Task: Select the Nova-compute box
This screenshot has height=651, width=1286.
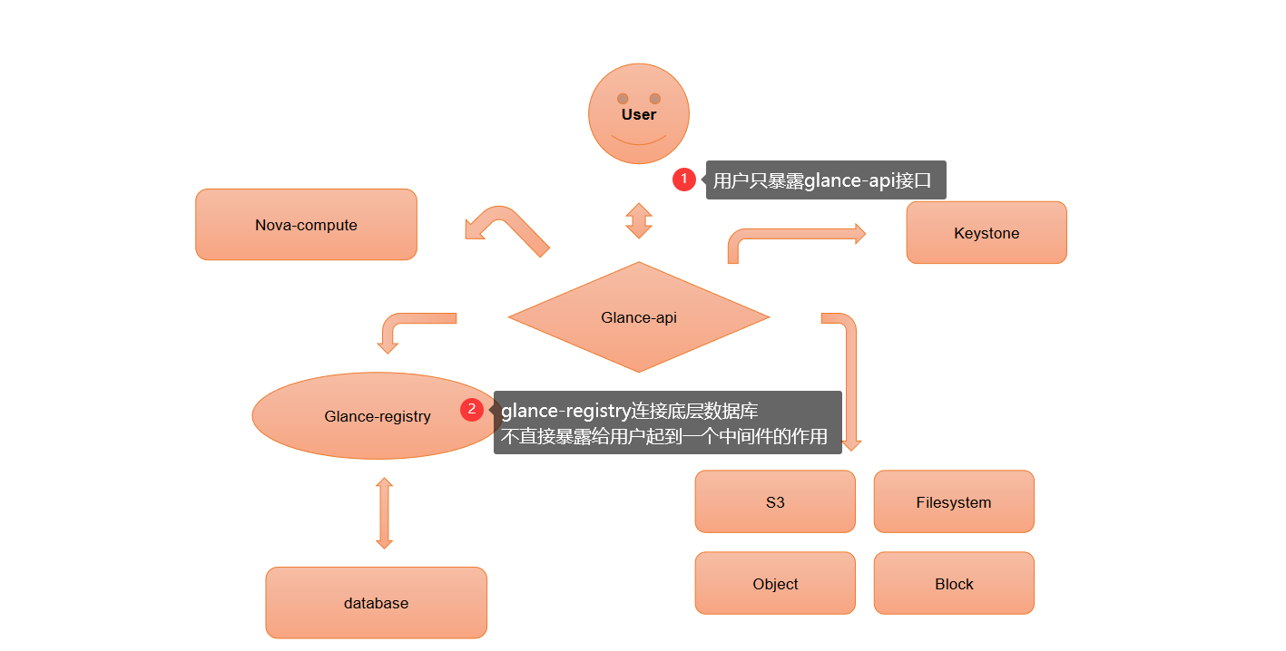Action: point(306,225)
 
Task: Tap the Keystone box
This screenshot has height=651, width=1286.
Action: point(987,233)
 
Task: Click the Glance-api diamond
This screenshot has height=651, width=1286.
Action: point(639,317)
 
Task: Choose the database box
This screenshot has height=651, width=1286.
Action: point(376,603)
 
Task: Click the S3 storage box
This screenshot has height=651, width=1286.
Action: point(775,501)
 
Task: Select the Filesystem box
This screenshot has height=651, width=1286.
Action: point(954,501)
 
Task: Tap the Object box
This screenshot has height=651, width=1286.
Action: point(775,583)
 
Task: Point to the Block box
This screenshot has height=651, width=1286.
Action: point(954,583)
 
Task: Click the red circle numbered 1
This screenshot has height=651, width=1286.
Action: point(684,180)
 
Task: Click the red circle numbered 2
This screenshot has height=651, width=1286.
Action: point(471,410)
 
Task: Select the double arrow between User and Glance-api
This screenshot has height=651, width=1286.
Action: point(639,220)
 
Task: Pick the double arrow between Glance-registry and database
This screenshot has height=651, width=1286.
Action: point(384,513)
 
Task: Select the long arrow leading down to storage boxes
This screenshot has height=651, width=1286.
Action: point(851,381)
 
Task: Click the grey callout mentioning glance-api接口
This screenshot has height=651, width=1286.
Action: point(825,180)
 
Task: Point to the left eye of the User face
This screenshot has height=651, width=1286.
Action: point(623,98)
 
